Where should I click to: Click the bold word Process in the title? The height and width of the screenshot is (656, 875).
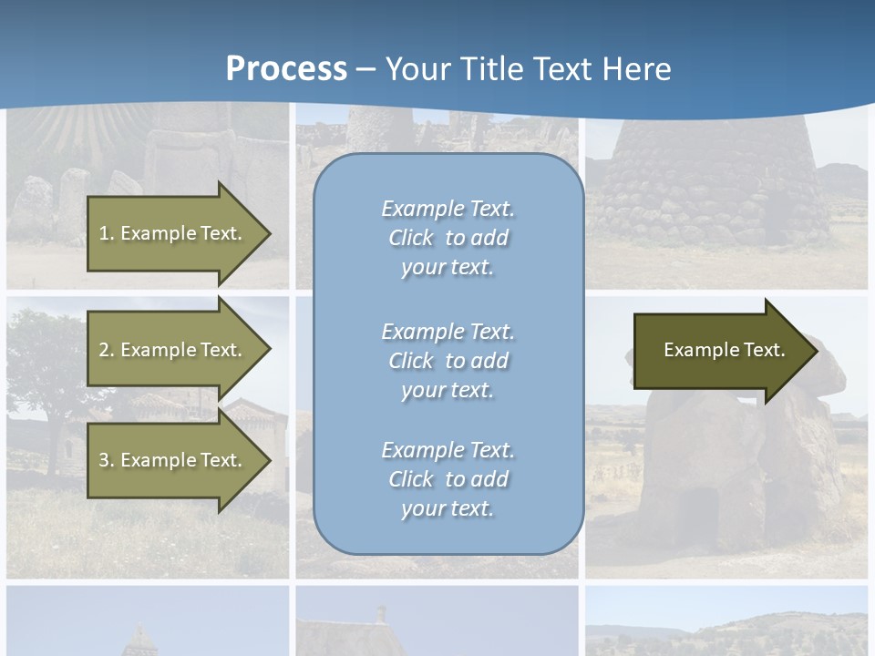click(286, 69)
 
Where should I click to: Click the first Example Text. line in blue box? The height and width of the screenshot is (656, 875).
click(448, 209)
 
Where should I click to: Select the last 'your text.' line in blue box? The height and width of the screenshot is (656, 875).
click(448, 508)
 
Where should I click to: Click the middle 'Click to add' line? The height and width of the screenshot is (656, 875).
click(448, 361)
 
